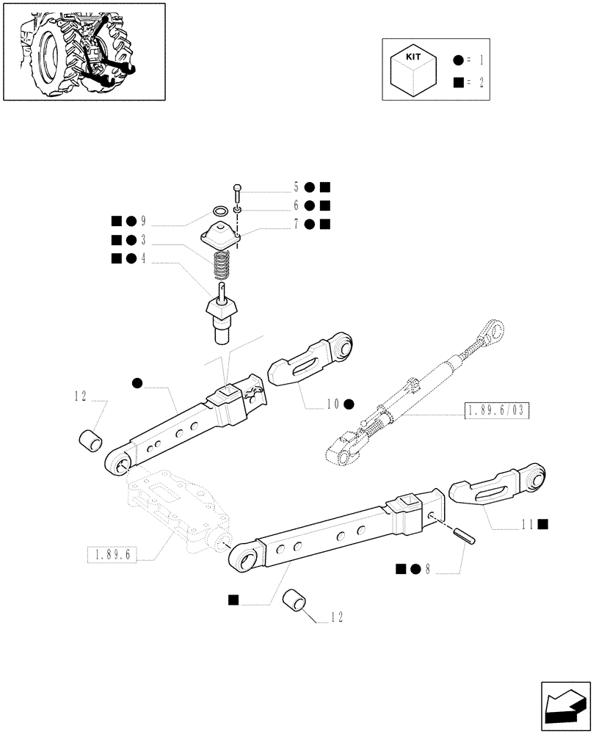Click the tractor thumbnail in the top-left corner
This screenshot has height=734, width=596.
click(83, 51)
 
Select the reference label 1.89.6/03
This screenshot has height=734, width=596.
click(497, 410)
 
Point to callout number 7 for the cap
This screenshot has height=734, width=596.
click(296, 223)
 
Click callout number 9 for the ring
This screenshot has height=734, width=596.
click(143, 221)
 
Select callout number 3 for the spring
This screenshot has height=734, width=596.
click(143, 239)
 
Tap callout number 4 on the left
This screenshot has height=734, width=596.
click(143, 258)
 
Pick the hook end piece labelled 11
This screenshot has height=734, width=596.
click(498, 488)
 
